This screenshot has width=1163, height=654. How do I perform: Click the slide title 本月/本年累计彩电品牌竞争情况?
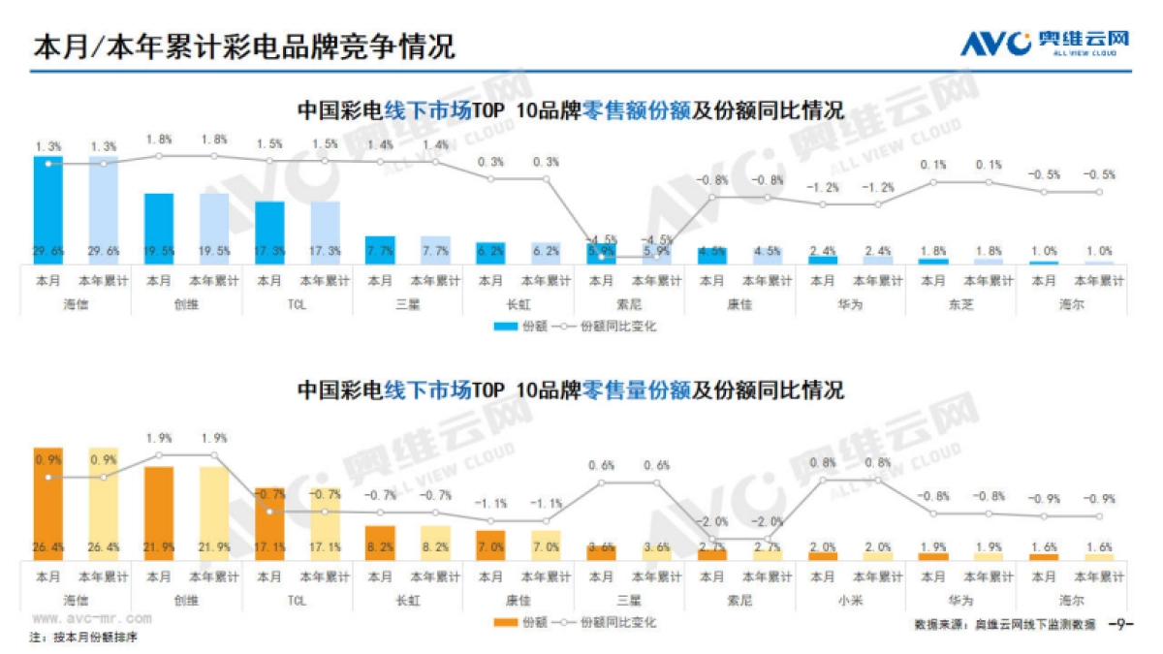tap(243, 46)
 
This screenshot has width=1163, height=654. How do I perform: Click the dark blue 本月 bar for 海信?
tap(48, 209)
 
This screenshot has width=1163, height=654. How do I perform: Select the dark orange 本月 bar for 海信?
tap(48, 504)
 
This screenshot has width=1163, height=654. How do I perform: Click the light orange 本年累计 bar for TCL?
tap(325, 524)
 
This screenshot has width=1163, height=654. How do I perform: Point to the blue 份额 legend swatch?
tap(505, 327)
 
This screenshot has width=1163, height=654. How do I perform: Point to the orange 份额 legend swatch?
tap(505, 622)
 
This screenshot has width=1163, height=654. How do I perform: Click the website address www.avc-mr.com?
tap(91, 617)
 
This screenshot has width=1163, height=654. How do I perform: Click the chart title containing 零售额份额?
tap(570, 110)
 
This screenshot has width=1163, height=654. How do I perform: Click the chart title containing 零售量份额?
tap(570, 390)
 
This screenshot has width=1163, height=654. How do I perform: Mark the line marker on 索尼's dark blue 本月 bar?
tap(602, 257)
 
